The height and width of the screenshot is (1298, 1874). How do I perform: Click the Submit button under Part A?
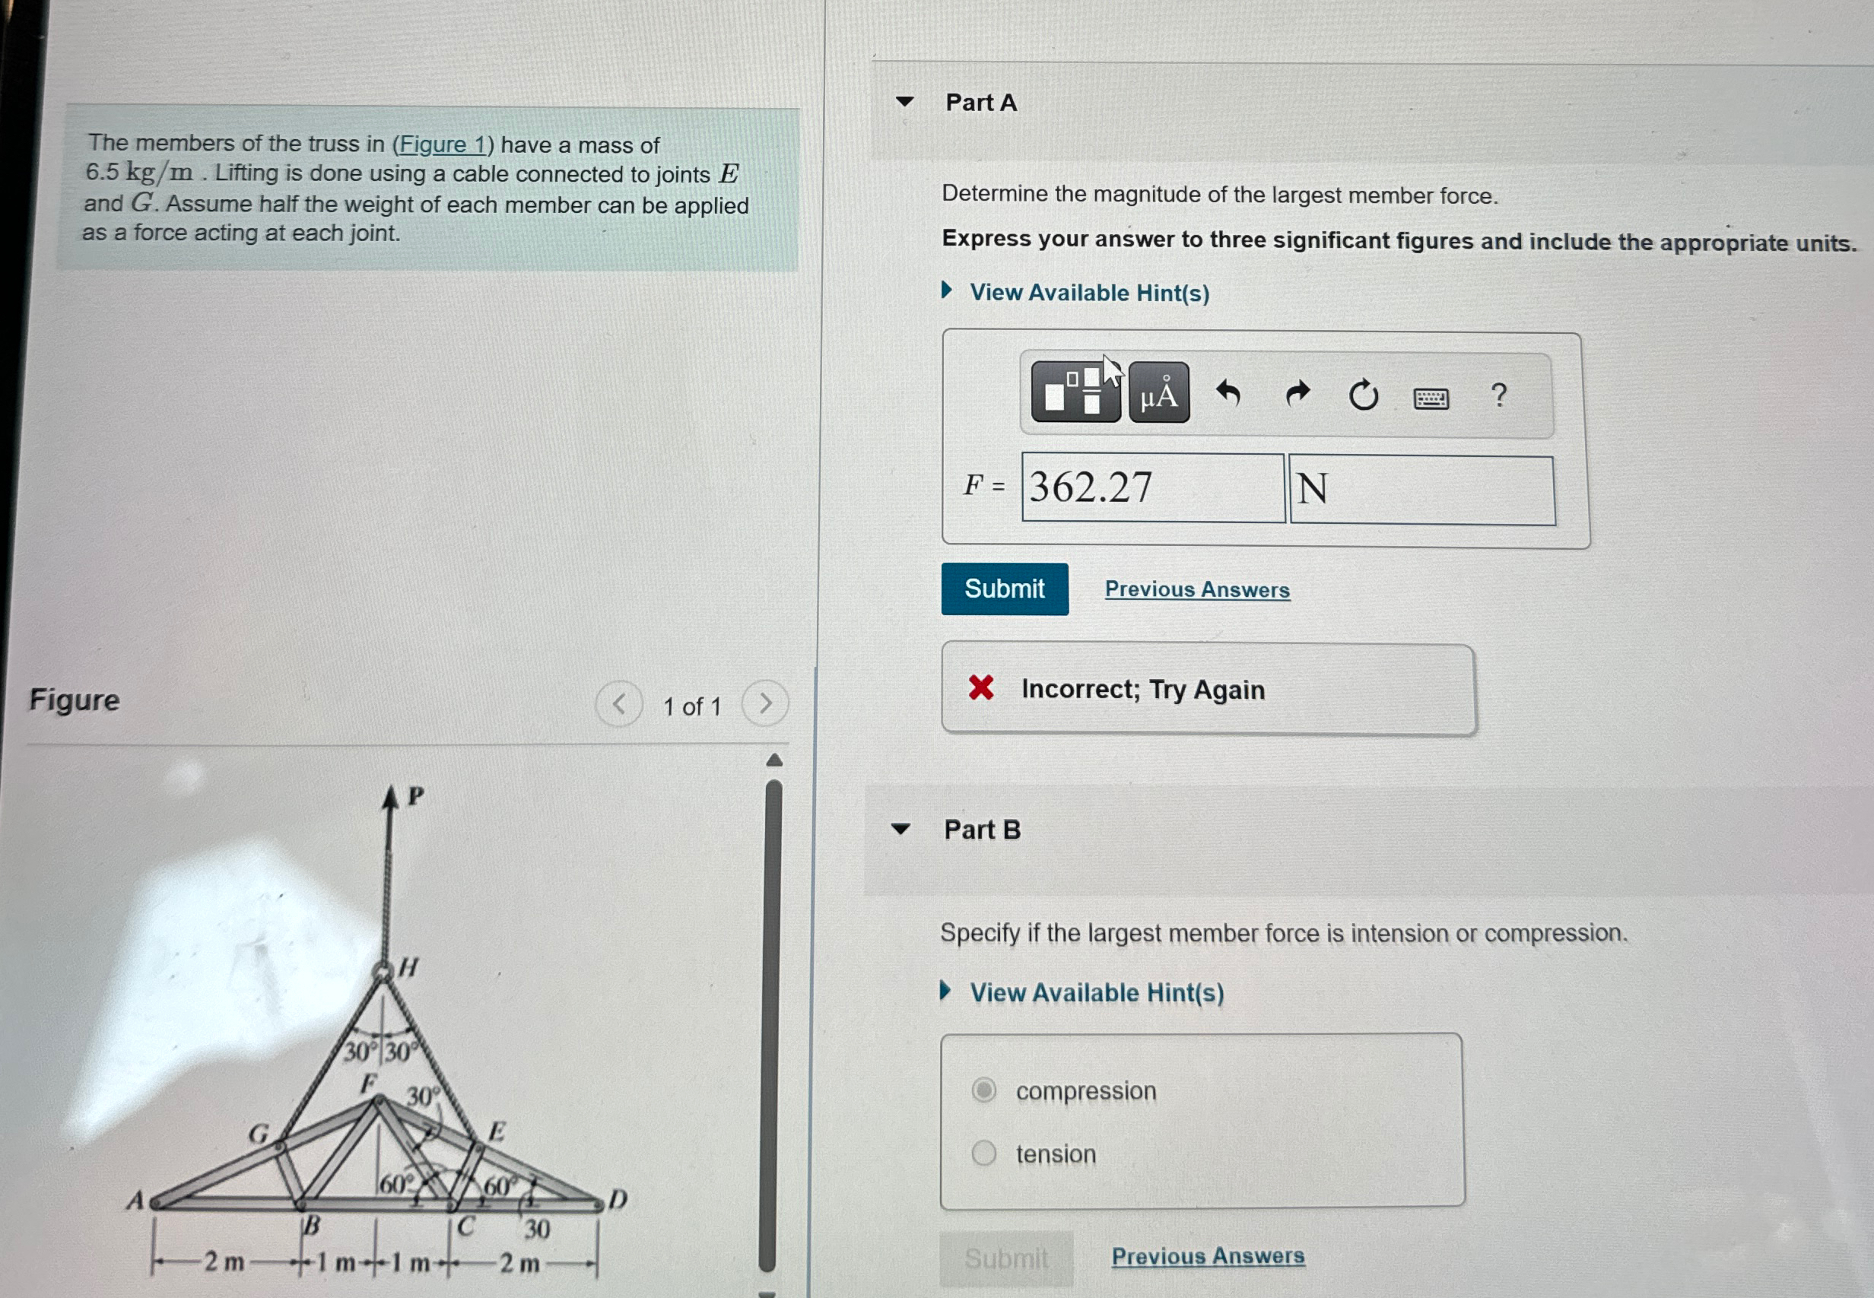pos(1004,589)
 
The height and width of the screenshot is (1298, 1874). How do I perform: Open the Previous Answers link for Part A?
pos(1196,589)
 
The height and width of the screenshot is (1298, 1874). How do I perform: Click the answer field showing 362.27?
pos(1151,488)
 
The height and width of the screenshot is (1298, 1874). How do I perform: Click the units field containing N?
pos(1421,490)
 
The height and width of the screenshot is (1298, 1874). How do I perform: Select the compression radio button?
pos(983,1090)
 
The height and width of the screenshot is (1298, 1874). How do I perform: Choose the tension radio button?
pos(983,1153)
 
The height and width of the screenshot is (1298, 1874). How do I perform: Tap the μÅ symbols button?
pos(1158,394)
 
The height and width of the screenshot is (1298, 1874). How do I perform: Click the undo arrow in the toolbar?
pos(1228,394)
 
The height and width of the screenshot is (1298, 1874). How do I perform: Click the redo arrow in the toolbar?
pos(1298,394)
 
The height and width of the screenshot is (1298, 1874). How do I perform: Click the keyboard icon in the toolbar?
pos(1431,398)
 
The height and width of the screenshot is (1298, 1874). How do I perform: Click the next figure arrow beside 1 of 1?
pos(764,703)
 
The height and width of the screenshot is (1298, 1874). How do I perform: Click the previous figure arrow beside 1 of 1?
pos(619,703)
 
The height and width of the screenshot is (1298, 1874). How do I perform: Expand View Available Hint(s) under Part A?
pos(1088,293)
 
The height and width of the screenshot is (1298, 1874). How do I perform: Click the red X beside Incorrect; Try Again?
pos(981,688)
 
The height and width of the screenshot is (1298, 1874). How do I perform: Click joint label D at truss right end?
pos(618,1199)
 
